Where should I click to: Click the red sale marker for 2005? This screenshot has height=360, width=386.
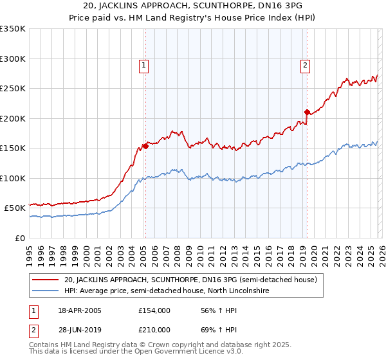pyautogui.click(x=146, y=146)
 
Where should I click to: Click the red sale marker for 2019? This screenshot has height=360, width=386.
pyautogui.click(x=307, y=112)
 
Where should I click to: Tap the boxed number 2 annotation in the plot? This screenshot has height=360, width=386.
pyautogui.click(x=304, y=64)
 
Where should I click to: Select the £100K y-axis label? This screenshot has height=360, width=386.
pyautogui.click(x=13, y=178)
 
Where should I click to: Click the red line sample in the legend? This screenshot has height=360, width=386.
pyautogui.click(x=46, y=280)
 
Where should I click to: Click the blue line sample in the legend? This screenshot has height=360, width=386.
pyautogui.click(x=46, y=291)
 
